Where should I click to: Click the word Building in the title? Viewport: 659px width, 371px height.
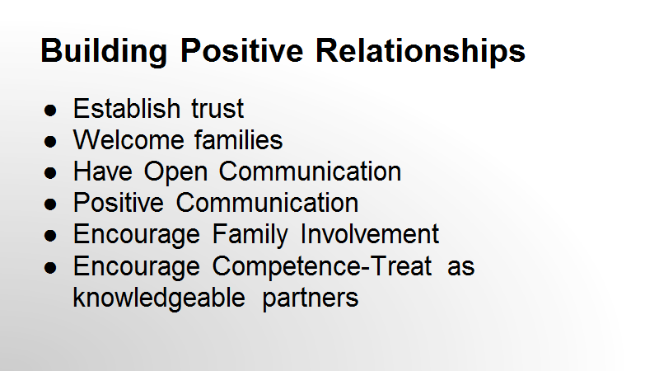[104, 51]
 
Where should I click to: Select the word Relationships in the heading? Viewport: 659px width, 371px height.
[420, 51]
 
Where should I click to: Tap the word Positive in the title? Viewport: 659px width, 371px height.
[241, 50]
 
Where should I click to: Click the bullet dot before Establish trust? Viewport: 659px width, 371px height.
[50, 110]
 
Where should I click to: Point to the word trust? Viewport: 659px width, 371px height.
[217, 109]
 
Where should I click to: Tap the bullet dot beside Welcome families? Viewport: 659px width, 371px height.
[50, 141]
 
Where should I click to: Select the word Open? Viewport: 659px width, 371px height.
[175, 172]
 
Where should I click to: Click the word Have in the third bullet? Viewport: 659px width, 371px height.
[102, 171]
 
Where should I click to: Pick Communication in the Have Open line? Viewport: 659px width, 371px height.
[311, 171]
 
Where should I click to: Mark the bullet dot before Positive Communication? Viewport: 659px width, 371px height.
[50, 204]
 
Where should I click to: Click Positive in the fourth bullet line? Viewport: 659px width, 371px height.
[118, 203]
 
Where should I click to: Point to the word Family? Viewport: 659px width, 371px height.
[250, 235]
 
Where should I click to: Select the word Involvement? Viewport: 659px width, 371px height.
[370, 234]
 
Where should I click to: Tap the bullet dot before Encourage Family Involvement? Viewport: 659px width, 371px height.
[50, 236]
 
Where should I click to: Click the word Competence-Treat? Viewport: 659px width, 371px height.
[322, 267]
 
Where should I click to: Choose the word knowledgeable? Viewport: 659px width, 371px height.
[159, 298]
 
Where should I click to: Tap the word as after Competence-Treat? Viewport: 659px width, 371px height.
[461, 268]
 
